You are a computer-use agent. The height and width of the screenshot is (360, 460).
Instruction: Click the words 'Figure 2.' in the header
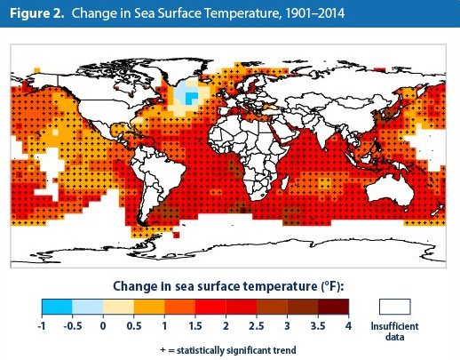point(37,13)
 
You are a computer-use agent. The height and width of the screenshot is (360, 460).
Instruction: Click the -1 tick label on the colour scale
point(42,326)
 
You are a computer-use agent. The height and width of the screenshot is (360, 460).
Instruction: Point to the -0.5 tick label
point(73,326)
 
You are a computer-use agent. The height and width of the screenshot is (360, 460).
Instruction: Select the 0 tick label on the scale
point(103,326)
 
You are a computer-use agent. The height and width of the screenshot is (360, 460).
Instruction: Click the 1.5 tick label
point(195,326)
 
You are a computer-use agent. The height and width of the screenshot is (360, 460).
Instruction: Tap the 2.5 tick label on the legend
point(257,326)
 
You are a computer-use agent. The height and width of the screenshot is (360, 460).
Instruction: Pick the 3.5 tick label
point(318,326)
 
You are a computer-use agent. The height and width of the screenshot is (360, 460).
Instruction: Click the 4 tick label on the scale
point(348,326)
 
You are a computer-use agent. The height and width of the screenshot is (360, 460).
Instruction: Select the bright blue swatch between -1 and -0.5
point(57,307)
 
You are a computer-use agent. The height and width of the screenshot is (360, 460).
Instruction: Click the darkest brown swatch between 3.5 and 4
point(333,307)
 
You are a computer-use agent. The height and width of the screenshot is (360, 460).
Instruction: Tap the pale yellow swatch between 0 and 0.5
point(118,307)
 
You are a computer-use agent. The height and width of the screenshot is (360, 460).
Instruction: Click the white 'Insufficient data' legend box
point(395,307)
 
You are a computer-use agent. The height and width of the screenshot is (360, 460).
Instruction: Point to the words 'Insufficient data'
point(395,332)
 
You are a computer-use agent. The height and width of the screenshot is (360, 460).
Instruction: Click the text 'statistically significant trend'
point(236,350)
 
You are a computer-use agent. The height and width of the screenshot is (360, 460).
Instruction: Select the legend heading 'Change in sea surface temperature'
point(215,286)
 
